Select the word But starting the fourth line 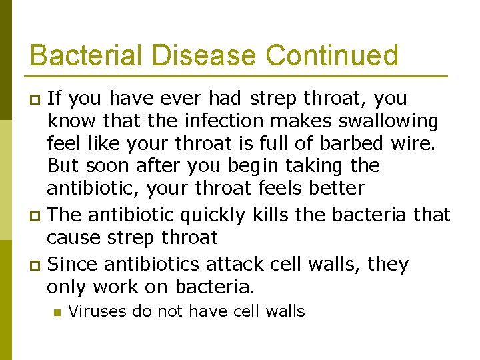pyautogui.click(x=63, y=165)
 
